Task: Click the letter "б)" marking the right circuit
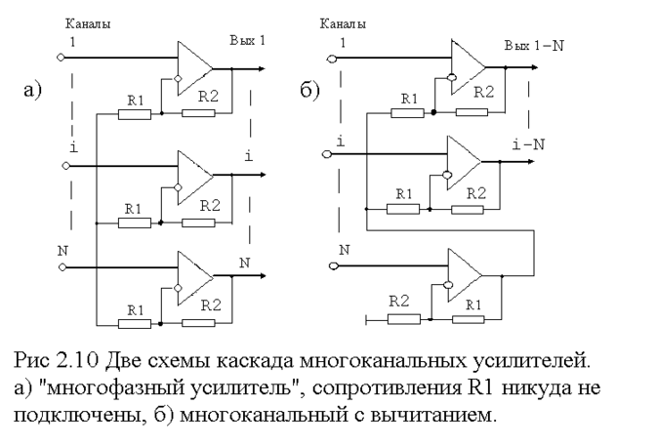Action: (309, 93)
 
